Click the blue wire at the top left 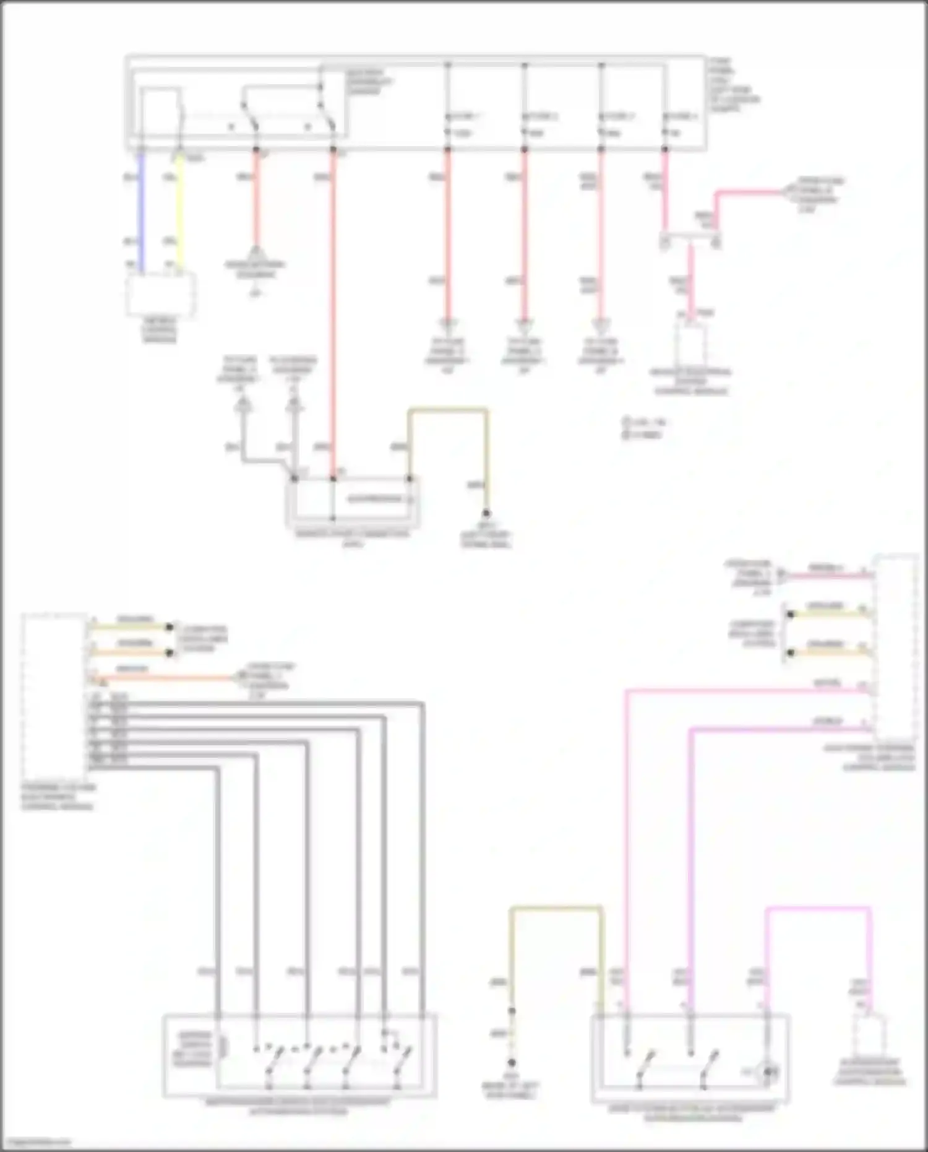click(142, 210)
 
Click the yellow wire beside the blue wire click(179, 210)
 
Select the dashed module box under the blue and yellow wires click(160, 294)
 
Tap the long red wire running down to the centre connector click(333, 310)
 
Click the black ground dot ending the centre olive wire click(486, 513)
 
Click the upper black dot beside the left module click(170, 627)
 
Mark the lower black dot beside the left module click(170, 652)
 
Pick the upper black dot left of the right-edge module click(790, 615)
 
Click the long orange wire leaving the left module click(161, 678)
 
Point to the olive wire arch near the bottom click(556, 909)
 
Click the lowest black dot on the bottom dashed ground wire click(512, 1063)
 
